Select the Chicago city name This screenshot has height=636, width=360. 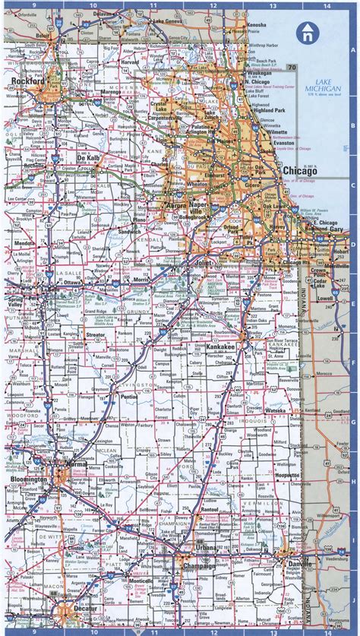pos(299,172)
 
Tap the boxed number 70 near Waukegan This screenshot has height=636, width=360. pos(292,68)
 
